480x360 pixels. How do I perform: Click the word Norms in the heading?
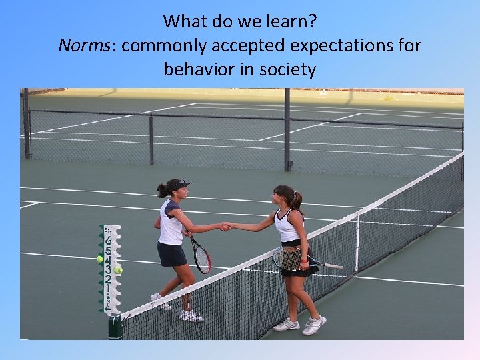click(x=78, y=45)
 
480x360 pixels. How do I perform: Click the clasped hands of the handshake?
click(x=226, y=227)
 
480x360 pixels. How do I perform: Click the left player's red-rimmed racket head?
click(x=201, y=257)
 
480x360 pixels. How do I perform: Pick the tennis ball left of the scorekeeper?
click(x=100, y=259)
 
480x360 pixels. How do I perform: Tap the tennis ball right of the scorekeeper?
click(x=119, y=270)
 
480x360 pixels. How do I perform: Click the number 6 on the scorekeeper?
click(x=108, y=241)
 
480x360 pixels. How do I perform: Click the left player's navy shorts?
click(x=171, y=254)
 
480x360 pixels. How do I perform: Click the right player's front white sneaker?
click(x=313, y=325)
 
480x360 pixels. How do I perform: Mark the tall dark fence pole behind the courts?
click(x=287, y=129)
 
